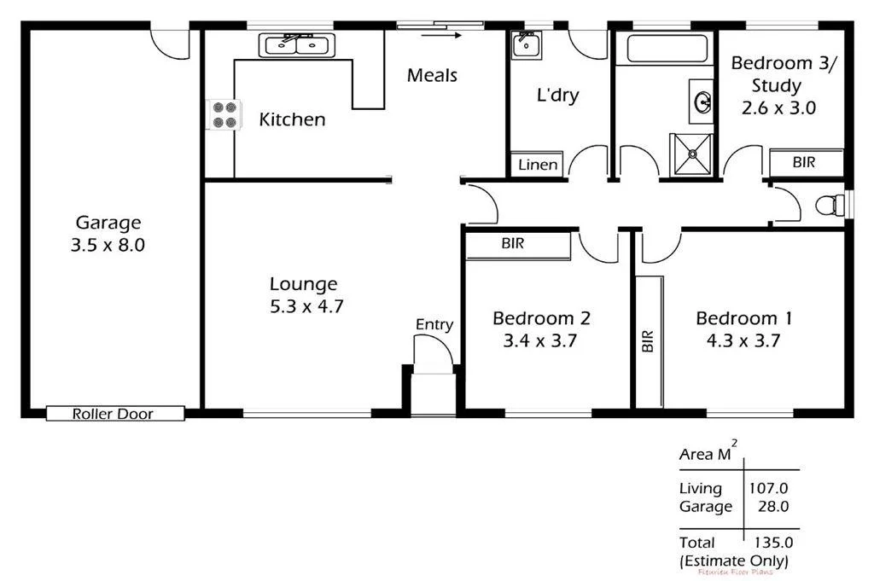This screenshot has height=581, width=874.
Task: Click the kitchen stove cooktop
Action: [224, 115]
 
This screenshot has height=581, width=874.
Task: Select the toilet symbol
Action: [827, 205]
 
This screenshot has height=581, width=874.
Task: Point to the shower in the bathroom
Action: [691, 154]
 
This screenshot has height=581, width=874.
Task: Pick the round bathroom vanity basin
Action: [704, 102]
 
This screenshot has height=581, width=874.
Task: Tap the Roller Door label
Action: [113, 415]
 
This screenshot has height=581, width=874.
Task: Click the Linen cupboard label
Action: [538, 165]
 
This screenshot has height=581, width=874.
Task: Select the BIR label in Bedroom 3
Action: [804, 161]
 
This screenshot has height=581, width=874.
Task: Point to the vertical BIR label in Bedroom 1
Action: [647, 342]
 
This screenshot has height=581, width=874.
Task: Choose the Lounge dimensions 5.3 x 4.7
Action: [306, 306]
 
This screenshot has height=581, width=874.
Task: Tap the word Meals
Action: [432, 75]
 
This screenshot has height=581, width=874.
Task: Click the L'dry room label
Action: [557, 95]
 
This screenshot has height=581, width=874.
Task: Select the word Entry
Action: [434, 324]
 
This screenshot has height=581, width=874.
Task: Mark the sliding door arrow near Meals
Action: [442, 36]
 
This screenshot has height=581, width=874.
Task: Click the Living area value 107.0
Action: [768, 489]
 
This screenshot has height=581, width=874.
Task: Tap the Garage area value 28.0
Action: [773, 507]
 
